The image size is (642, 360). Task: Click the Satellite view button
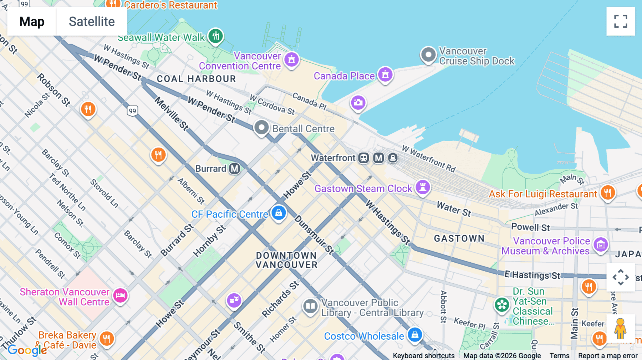click(92, 21)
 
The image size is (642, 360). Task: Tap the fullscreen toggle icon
click(621, 21)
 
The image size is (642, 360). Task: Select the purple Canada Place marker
click(385, 74)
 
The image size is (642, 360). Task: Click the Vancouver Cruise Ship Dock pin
click(428, 55)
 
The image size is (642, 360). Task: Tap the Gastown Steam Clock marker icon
click(423, 187)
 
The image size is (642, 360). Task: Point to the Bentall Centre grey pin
click(261, 128)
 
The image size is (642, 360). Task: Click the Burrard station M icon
click(234, 169)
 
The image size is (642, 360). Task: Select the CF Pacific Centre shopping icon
click(279, 213)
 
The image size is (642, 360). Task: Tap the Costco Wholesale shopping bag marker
click(415, 335)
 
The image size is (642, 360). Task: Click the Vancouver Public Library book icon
click(310, 306)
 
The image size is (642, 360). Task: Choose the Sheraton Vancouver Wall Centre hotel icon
click(121, 295)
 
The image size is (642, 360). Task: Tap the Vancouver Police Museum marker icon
click(601, 245)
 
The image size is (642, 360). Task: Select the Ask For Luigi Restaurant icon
click(608, 192)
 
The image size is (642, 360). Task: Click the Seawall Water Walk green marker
click(215, 36)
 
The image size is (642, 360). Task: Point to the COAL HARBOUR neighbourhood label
click(196, 79)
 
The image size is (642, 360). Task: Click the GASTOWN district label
click(459, 238)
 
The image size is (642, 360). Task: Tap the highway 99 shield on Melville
click(132, 111)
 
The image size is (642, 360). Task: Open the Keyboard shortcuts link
click(423, 356)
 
